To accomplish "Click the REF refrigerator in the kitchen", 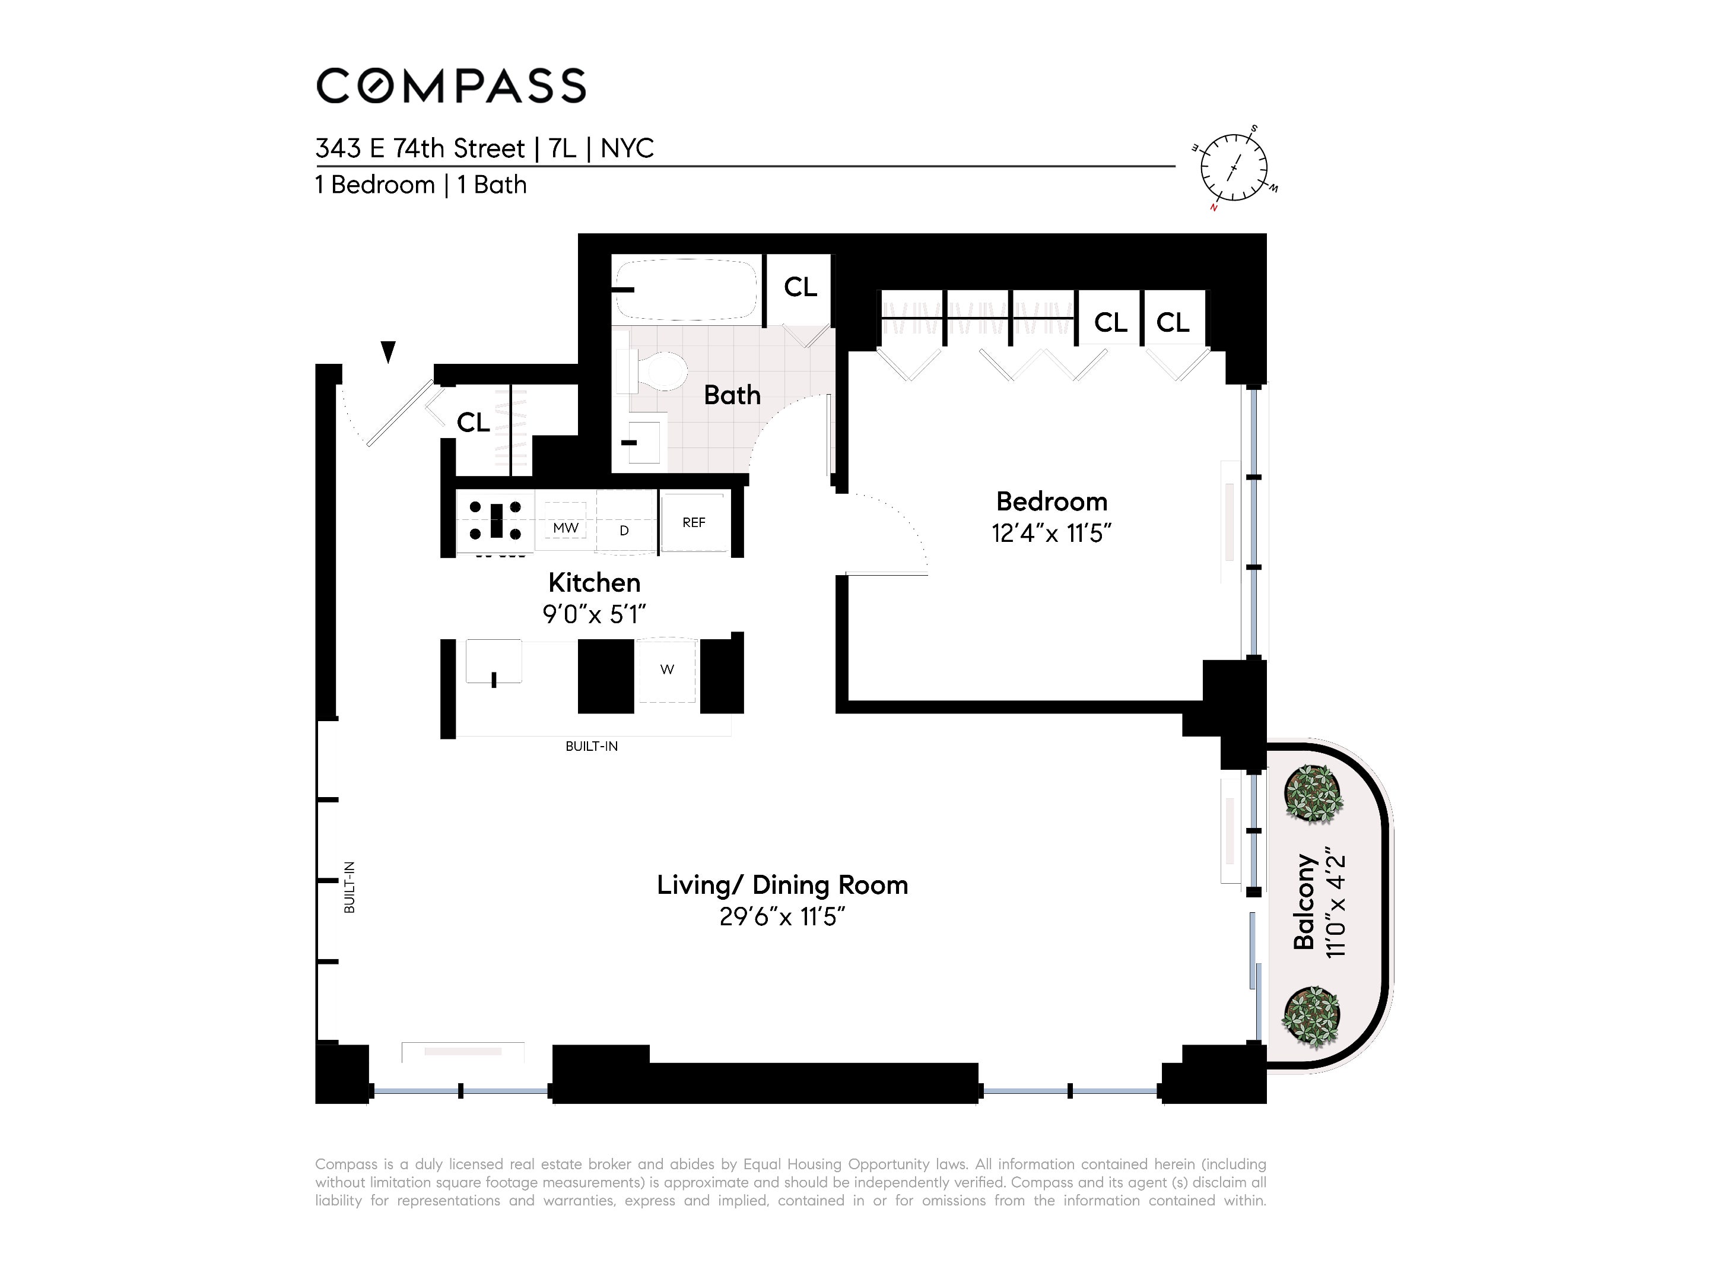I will pyautogui.click(x=694, y=523).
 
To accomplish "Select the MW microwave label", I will pyautogui.click(x=566, y=528).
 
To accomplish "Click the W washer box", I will pyautogui.click(x=667, y=670).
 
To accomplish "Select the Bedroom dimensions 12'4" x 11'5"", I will pyautogui.click(x=1051, y=533).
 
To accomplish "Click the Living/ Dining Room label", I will pyautogui.click(x=782, y=885).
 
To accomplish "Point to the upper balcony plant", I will pyautogui.click(x=1313, y=793).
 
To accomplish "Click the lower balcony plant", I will pyautogui.click(x=1311, y=1016).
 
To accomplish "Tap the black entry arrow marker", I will pyautogui.click(x=389, y=351).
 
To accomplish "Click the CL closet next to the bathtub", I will pyautogui.click(x=800, y=287).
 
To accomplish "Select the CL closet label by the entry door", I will pyautogui.click(x=473, y=423).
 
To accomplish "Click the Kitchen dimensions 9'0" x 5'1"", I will pyautogui.click(x=593, y=614).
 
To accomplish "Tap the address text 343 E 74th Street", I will pyautogui.click(x=420, y=148).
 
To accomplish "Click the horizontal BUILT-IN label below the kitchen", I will pyautogui.click(x=591, y=747).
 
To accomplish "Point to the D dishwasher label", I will pyautogui.click(x=624, y=531).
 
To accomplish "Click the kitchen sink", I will pyautogui.click(x=494, y=663).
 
